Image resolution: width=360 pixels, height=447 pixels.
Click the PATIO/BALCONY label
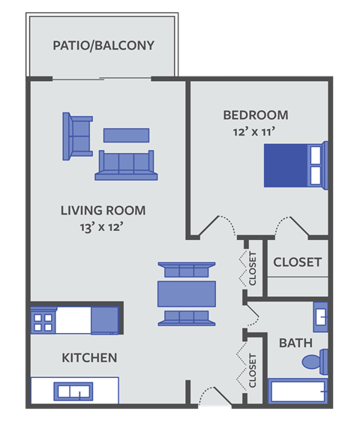coord(103,45)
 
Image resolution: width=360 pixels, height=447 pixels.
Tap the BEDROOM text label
coord(255,115)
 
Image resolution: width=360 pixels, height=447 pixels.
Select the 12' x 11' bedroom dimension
coord(255,131)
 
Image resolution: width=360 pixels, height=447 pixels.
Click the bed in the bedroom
coord(295,166)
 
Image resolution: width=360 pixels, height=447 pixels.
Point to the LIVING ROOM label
coord(103,210)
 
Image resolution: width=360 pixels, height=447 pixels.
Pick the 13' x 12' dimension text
coord(103,226)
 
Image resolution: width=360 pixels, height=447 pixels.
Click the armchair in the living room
coord(76,136)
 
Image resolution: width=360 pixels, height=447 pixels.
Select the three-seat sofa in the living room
coord(125,165)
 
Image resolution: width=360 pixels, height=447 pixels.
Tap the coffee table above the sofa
coord(126,135)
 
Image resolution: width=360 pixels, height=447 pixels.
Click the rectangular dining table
coord(187,293)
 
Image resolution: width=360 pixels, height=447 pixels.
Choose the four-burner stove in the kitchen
coord(43,320)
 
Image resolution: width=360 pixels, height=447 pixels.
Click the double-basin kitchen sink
coord(73,391)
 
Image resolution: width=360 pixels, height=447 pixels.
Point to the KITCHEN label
coord(89,358)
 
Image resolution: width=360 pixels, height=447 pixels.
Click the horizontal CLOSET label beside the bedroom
coord(297,262)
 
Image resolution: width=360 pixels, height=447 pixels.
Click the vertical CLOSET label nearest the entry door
coord(253,370)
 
